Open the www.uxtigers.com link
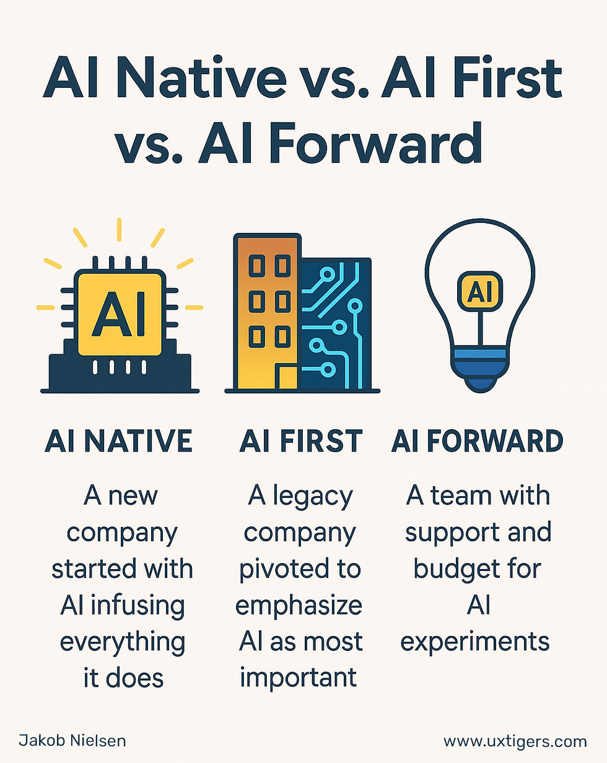click(x=515, y=741)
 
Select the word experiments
click(x=475, y=641)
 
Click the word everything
click(x=123, y=641)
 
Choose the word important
click(x=299, y=677)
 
